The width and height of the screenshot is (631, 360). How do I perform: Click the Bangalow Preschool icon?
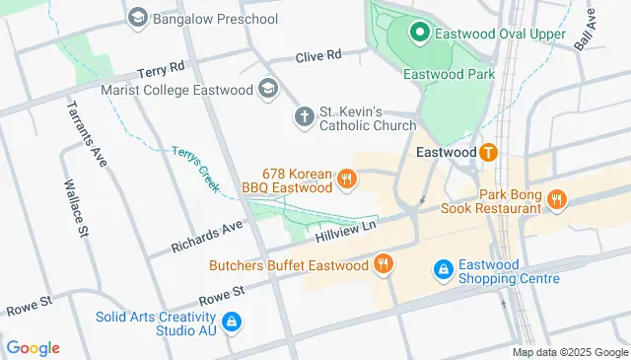pyautogui.click(x=138, y=17)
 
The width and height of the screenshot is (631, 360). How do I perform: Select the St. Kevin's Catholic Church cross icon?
pyautogui.click(x=304, y=117)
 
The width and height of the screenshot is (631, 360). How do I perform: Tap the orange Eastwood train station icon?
pyautogui.click(x=487, y=153)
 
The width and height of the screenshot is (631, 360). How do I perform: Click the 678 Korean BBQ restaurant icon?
pyautogui.click(x=346, y=180)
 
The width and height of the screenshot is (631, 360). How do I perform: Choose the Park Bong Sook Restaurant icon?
pyautogui.click(x=558, y=201)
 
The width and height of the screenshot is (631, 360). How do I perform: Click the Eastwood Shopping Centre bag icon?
pyautogui.click(x=444, y=269)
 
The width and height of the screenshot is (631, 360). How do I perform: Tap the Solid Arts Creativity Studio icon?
pyautogui.click(x=232, y=321)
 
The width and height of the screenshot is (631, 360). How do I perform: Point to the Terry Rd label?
pyautogui.click(x=162, y=69)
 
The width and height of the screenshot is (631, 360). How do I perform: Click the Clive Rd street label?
pyautogui.click(x=317, y=55)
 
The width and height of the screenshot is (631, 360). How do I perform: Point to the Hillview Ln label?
pyautogui.click(x=347, y=233)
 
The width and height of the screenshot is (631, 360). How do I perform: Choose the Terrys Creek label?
pyautogui.click(x=195, y=169)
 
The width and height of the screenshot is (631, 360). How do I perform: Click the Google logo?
pyautogui.click(x=34, y=347)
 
